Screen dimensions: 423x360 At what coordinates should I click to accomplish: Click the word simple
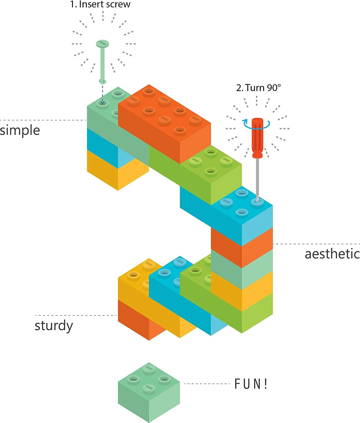tap(20, 131)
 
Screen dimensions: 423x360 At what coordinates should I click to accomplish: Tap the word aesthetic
tap(332, 254)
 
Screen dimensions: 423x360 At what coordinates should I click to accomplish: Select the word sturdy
tap(54, 326)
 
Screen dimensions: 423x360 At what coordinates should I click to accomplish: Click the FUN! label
tap(251, 384)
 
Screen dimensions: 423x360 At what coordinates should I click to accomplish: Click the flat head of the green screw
tap(102, 44)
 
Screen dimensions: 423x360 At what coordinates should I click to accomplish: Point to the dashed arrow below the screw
tap(102, 93)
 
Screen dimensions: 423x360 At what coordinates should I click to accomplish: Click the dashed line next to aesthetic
tap(316, 244)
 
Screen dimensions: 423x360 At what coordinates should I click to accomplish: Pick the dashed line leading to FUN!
tap(207, 384)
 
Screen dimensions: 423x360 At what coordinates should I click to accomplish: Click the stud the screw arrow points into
tap(102, 104)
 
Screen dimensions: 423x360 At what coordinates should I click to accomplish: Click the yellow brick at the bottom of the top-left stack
tap(117, 172)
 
